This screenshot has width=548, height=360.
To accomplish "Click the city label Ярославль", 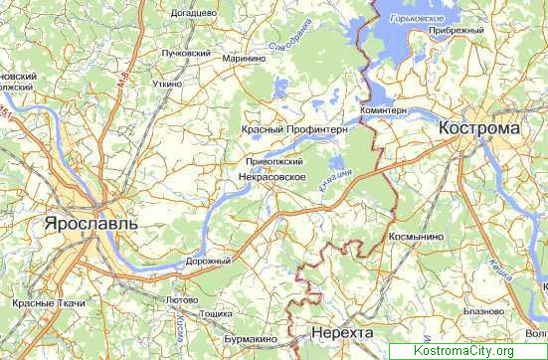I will (x=91, y=225).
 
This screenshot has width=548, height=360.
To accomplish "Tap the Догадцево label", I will (x=193, y=12).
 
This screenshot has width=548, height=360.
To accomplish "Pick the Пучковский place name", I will (x=186, y=54).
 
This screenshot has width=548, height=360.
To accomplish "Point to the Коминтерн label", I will (x=384, y=110).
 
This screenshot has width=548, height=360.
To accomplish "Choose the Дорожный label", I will (x=208, y=261).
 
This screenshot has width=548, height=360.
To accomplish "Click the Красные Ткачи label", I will (x=49, y=301).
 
